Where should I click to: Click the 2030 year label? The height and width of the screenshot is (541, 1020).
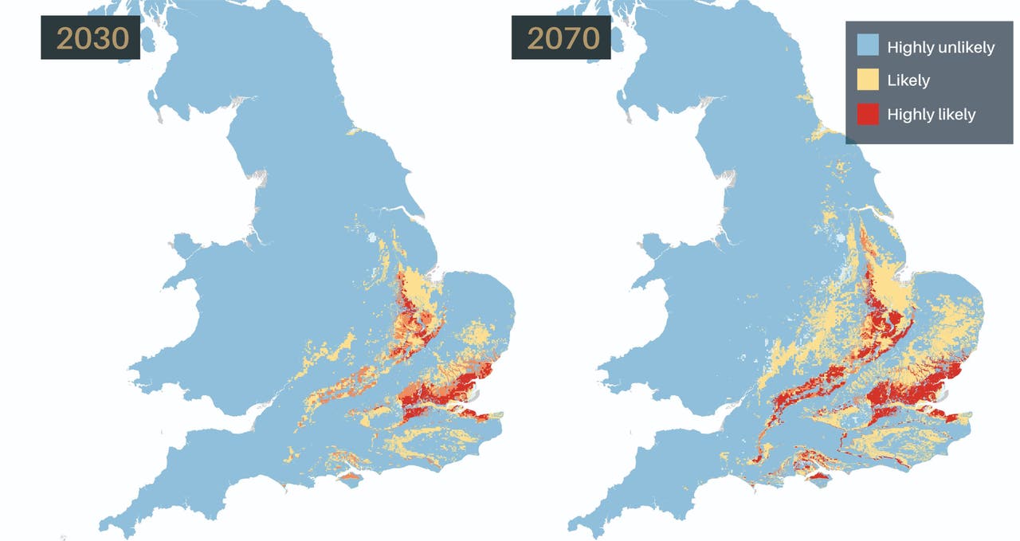point(90,38)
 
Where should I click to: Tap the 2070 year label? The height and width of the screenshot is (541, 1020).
point(561,38)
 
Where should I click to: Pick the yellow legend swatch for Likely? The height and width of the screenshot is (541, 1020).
point(868,80)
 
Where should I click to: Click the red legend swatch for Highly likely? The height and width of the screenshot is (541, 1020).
point(868,114)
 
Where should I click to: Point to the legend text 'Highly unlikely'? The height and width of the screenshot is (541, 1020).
point(940,47)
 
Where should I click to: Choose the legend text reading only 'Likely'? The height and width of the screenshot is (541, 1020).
point(908,80)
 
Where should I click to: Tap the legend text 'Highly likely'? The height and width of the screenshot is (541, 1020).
point(931,115)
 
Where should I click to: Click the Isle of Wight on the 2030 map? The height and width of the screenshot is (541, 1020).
point(350,478)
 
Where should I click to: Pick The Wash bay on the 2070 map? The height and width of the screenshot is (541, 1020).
point(906,275)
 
